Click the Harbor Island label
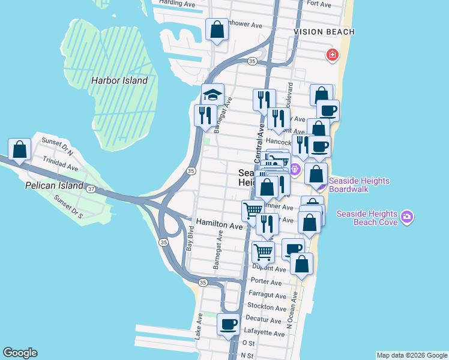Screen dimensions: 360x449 pyautogui.click(x=119, y=80)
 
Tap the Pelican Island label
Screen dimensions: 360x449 pyautogui.click(x=53, y=186)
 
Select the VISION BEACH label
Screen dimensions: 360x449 pyautogui.click(x=324, y=32)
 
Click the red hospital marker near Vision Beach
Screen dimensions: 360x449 pyautogui.click(x=331, y=56)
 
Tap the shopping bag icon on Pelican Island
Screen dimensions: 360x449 pyautogui.click(x=19, y=150)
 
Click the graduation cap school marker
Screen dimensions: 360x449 pyautogui.click(x=212, y=95)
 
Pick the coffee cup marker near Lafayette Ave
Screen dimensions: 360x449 pyautogui.click(x=228, y=325)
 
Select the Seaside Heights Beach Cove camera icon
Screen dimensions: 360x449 pyautogui.click(x=407, y=216)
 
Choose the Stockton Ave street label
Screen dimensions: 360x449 pyautogui.click(x=267, y=307)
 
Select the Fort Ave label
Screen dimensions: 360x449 pyautogui.click(x=319, y=4)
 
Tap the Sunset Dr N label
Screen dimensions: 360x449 pyautogui.click(x=56, y=143)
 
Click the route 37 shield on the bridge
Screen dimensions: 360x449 pyautogui.click(x=91, y=189)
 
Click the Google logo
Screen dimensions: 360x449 pyautogui.click(x=20, y=353)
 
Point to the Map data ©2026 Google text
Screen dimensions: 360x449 pyautogui.click(x=411, y=355)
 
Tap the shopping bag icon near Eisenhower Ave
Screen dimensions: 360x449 pyautogui.click(x=217, y=29)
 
